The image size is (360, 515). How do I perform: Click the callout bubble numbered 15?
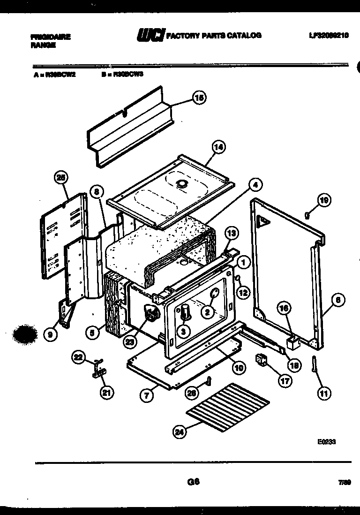pos(199,98)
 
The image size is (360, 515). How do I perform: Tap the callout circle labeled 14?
pos(218,147)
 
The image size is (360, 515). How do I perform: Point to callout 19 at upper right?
pos(324,200)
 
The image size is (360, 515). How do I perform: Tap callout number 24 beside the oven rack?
pos(179,432)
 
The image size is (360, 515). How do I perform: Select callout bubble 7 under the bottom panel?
pos(147,396)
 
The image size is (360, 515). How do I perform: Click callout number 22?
pos(79,357)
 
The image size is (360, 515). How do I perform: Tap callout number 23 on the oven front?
pos(129,342)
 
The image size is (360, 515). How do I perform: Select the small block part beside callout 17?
pos(261,360)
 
